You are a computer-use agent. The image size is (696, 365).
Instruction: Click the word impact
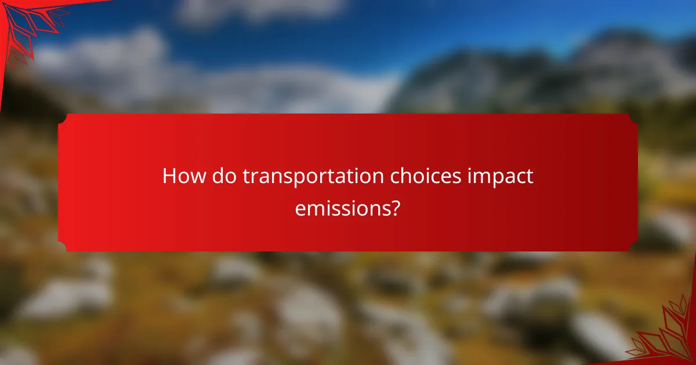(501, 177)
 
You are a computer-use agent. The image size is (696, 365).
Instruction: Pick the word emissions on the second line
(340, 207)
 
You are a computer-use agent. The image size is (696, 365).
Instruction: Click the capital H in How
(169, 176)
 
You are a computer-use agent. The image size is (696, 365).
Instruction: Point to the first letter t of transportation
(246, 177)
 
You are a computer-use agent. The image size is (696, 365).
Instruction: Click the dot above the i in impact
(471, 168)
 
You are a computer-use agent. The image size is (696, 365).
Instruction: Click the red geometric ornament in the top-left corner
(26, 26)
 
